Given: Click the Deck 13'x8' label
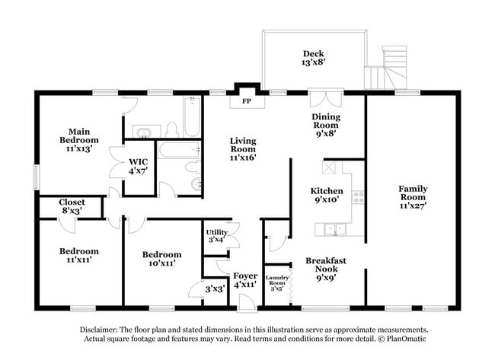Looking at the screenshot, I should coord(313,59).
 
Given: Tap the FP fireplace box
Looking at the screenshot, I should coord(246,100).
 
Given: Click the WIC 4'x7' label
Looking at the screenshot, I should coord(138,166).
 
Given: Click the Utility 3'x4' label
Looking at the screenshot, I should coord(216,236).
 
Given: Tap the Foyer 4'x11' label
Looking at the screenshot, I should coord(245,280).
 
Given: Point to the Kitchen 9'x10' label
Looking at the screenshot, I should coord(326,196).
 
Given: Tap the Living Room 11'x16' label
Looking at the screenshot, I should coord(243,149).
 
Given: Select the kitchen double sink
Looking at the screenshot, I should coord(334,228).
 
